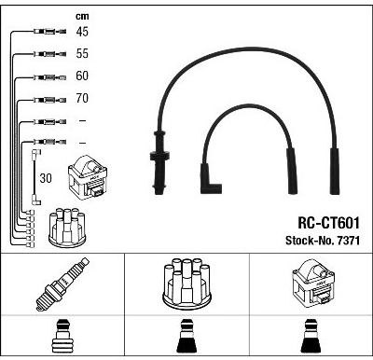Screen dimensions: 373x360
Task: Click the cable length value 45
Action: click(x=82, y=32)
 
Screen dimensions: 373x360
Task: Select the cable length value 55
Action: click(x=82, y=53)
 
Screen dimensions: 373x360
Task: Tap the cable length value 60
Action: click(x=82, y=76)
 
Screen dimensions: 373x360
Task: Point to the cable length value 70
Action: click(x=82, y=98)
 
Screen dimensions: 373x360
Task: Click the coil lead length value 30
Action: click(x=46, y=178)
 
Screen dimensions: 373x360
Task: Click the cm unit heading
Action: click(x=82, y=16)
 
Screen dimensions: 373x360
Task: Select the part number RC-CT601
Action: click(x=328, y=223)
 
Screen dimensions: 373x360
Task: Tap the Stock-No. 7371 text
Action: click(x=323, y=241)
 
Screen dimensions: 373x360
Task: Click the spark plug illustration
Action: click(x=62, y=284)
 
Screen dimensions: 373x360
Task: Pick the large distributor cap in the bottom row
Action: click(x=186, y=284)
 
